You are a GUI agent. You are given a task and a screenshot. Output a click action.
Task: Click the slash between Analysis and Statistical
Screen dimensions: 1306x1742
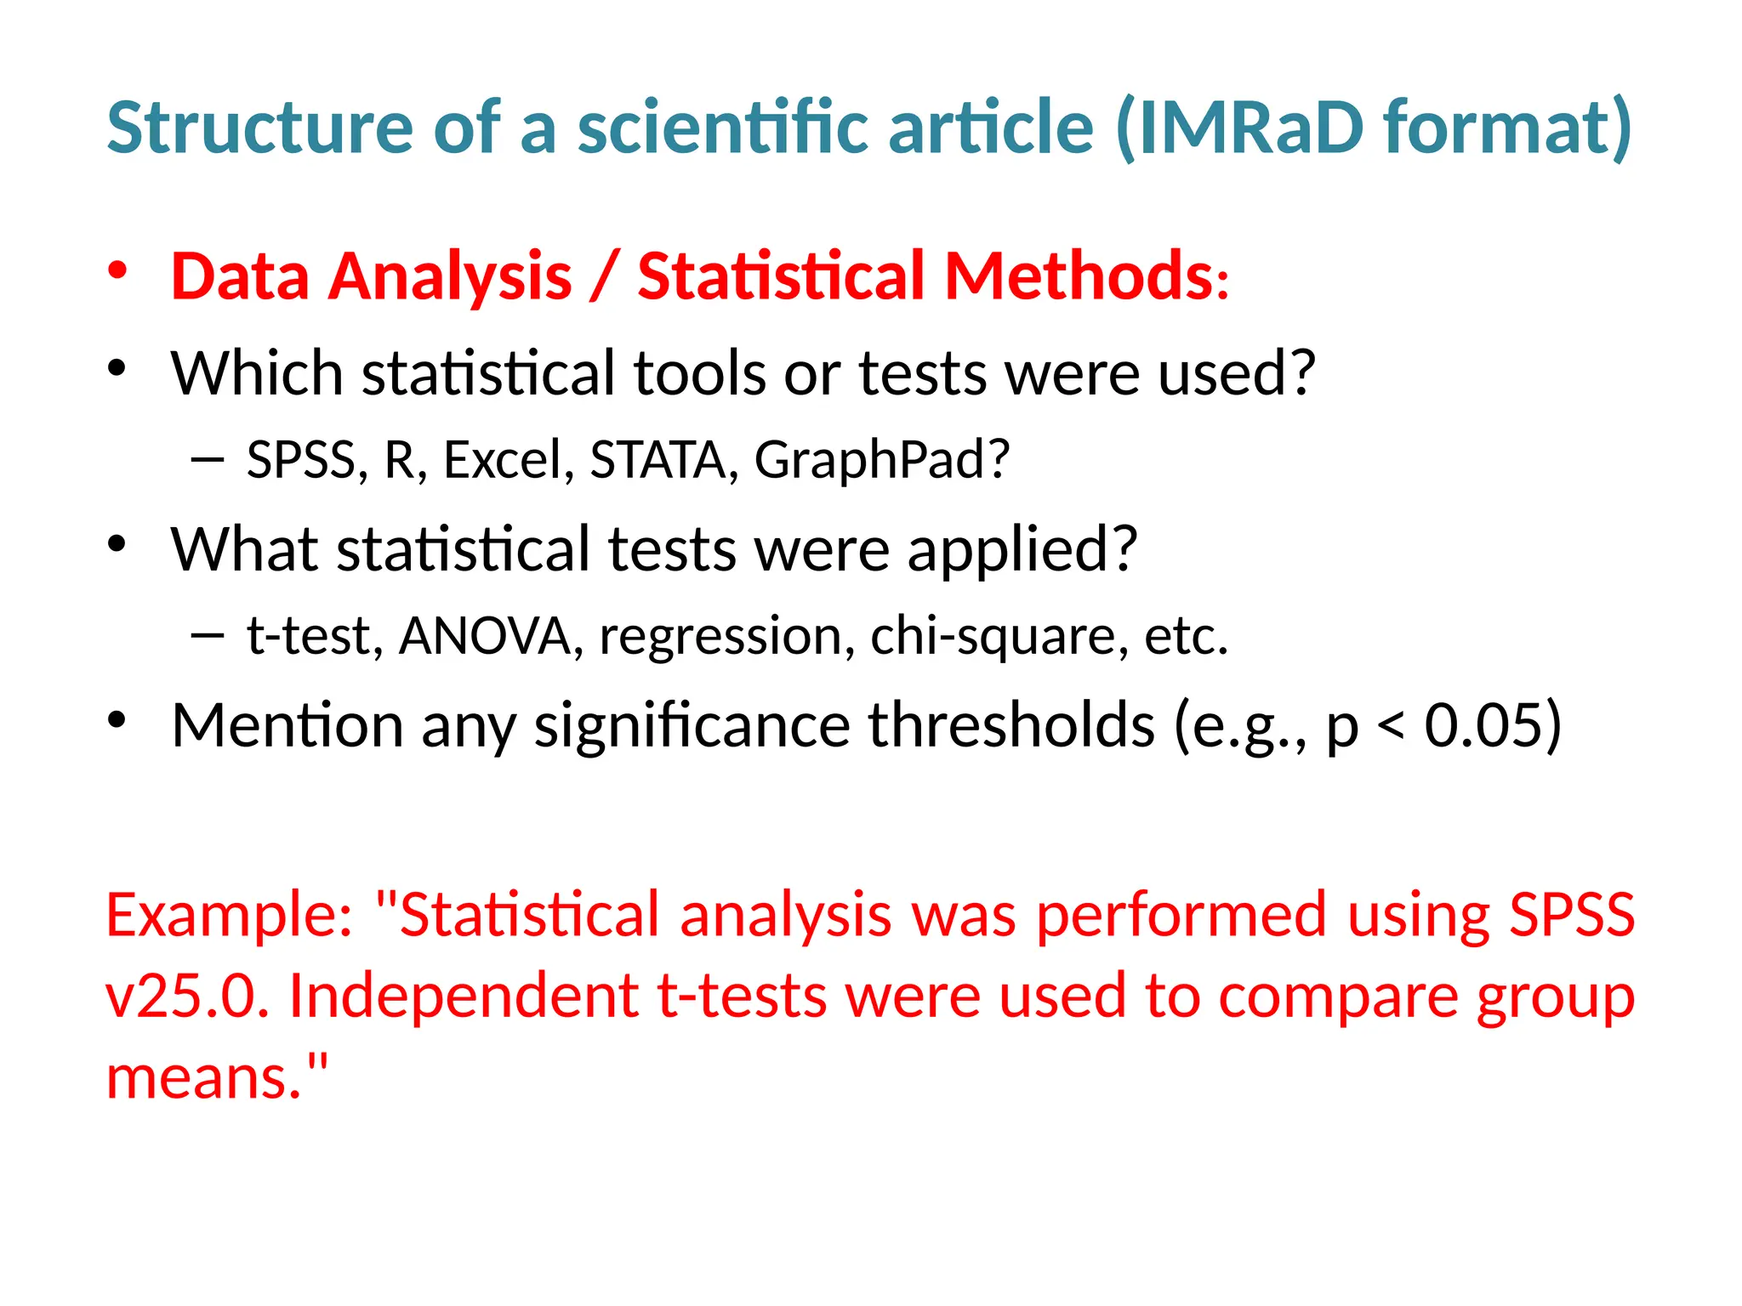604,276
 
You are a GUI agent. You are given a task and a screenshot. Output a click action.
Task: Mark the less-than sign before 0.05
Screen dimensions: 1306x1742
1390,727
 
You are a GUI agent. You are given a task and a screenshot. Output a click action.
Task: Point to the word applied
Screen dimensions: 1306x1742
1021,550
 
